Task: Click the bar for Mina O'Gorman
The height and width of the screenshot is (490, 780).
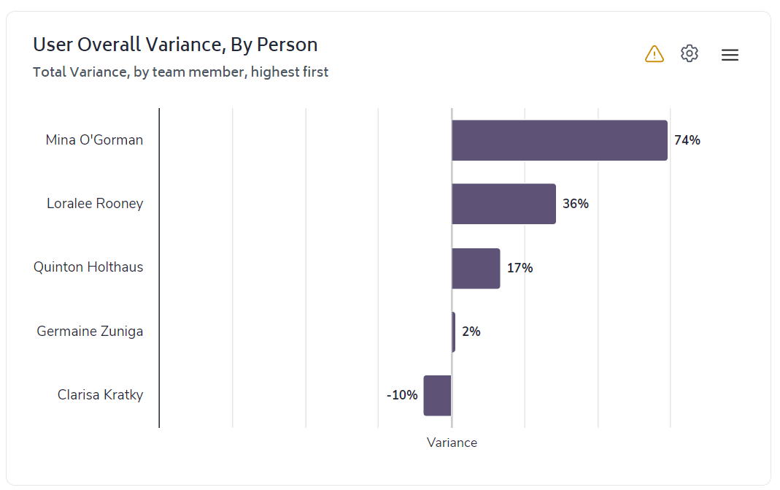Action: coord(559,140)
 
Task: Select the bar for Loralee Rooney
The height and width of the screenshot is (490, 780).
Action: coord(503,204)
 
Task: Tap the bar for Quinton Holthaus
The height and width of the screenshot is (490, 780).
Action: coord(476,268)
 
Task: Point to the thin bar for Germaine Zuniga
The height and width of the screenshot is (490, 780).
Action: coord(454,332)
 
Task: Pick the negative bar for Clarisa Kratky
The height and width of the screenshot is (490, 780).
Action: coord(437,396)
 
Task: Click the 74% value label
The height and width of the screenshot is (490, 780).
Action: coord(687,140)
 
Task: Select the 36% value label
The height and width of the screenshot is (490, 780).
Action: coord(576,204)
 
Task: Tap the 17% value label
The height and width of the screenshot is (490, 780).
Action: coord(520,268)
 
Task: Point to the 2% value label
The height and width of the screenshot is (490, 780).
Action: coord(471,332)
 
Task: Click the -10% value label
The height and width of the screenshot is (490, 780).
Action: coord(402,396)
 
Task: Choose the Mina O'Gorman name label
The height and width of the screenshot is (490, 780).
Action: coord(94,139)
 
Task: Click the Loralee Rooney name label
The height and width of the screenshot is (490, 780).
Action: coord(95,204)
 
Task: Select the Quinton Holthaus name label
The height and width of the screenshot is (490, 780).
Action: coord(88,267)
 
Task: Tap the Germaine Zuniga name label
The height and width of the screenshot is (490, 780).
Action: coord(90,332)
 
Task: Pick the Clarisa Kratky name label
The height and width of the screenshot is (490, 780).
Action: coord(100,395)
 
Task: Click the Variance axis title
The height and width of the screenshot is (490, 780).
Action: coord(452,443)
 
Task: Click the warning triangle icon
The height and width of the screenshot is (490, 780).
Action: coord(654,54)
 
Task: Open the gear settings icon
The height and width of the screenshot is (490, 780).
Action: coord(690,53)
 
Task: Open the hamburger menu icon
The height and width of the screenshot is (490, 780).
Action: coord(730,55)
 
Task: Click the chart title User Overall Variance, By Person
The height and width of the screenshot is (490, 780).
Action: coord(175,45)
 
